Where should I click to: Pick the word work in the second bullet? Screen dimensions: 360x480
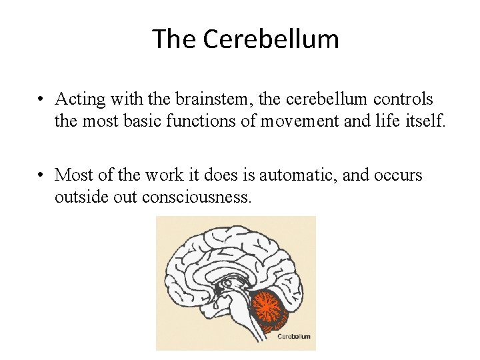159,175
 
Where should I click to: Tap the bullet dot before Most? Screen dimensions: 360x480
41,176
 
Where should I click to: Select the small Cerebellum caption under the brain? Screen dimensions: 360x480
293,336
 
